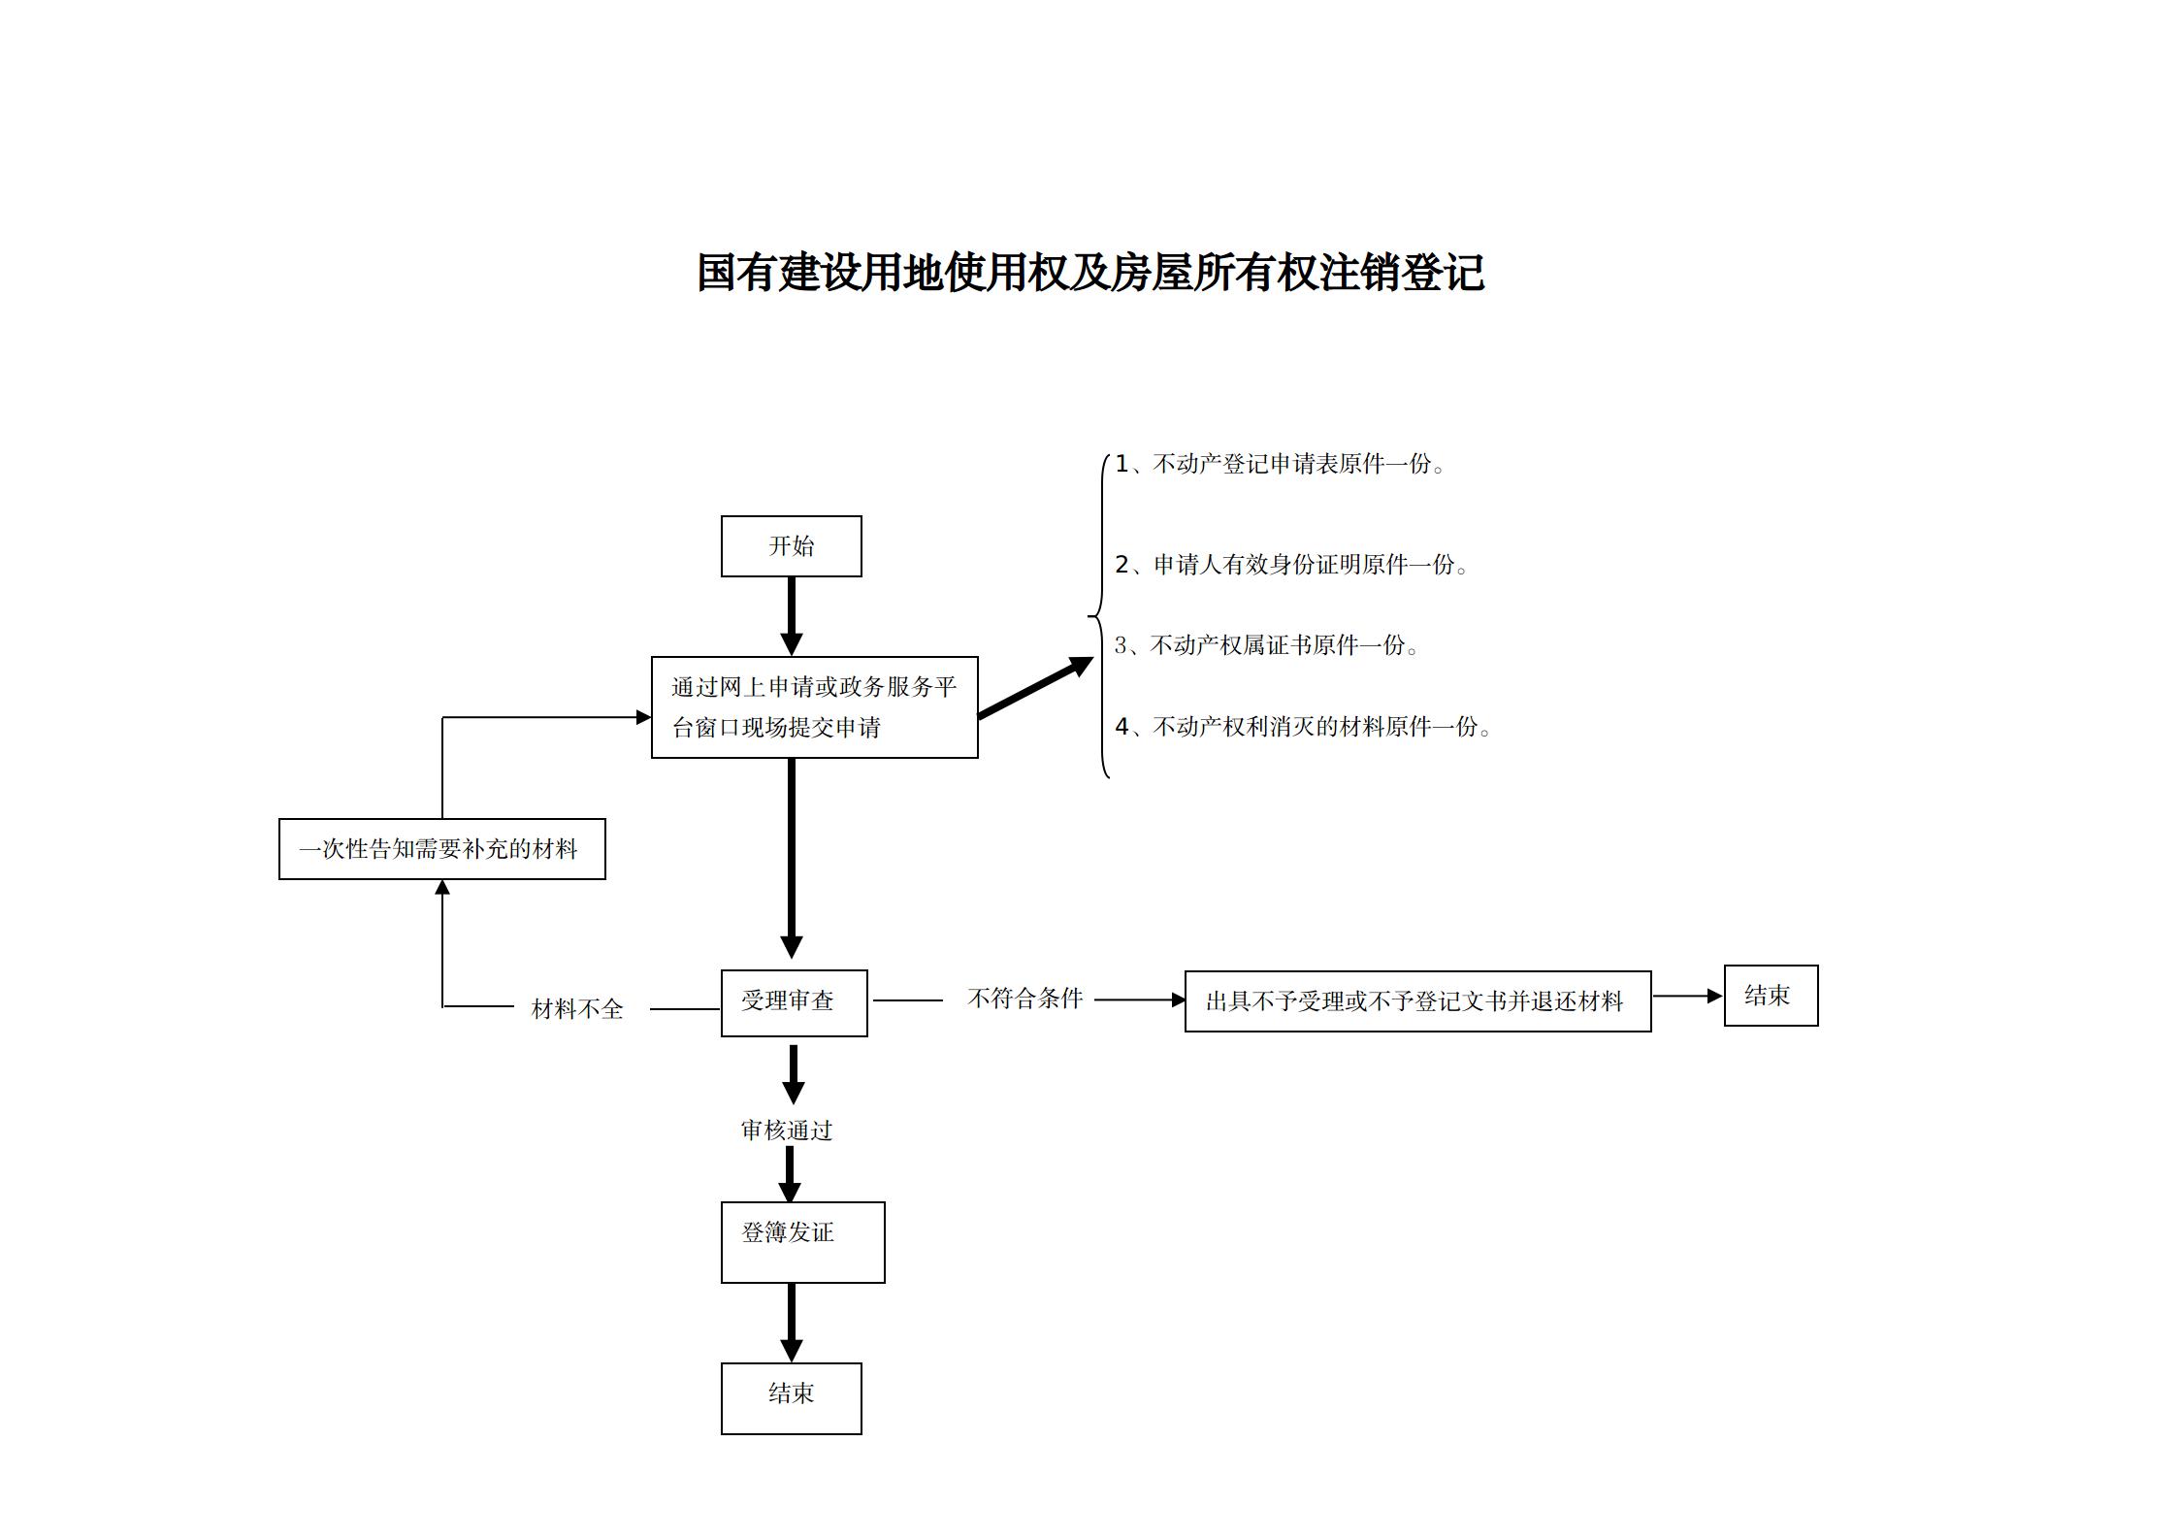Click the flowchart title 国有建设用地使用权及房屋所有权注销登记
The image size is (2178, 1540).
1089,273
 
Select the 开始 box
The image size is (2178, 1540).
791,546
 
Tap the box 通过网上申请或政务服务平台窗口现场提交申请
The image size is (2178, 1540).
814,707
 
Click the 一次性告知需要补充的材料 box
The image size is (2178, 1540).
441,849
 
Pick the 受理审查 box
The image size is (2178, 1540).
794,1002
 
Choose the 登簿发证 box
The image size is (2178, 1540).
802,1242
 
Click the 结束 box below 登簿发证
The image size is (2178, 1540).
791,1398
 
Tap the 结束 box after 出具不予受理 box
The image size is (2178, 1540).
1771,996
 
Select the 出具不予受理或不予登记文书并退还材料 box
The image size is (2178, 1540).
1417,1001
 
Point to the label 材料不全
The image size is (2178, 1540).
577,1009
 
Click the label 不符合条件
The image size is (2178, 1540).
1024,999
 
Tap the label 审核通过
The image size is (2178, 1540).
787,1130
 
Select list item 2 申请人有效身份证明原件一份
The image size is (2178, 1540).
1292,565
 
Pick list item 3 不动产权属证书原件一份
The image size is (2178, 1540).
1266,645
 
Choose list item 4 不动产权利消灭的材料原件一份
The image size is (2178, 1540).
1303,727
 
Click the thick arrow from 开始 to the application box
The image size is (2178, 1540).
792,615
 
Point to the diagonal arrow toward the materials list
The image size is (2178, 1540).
1035,688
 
